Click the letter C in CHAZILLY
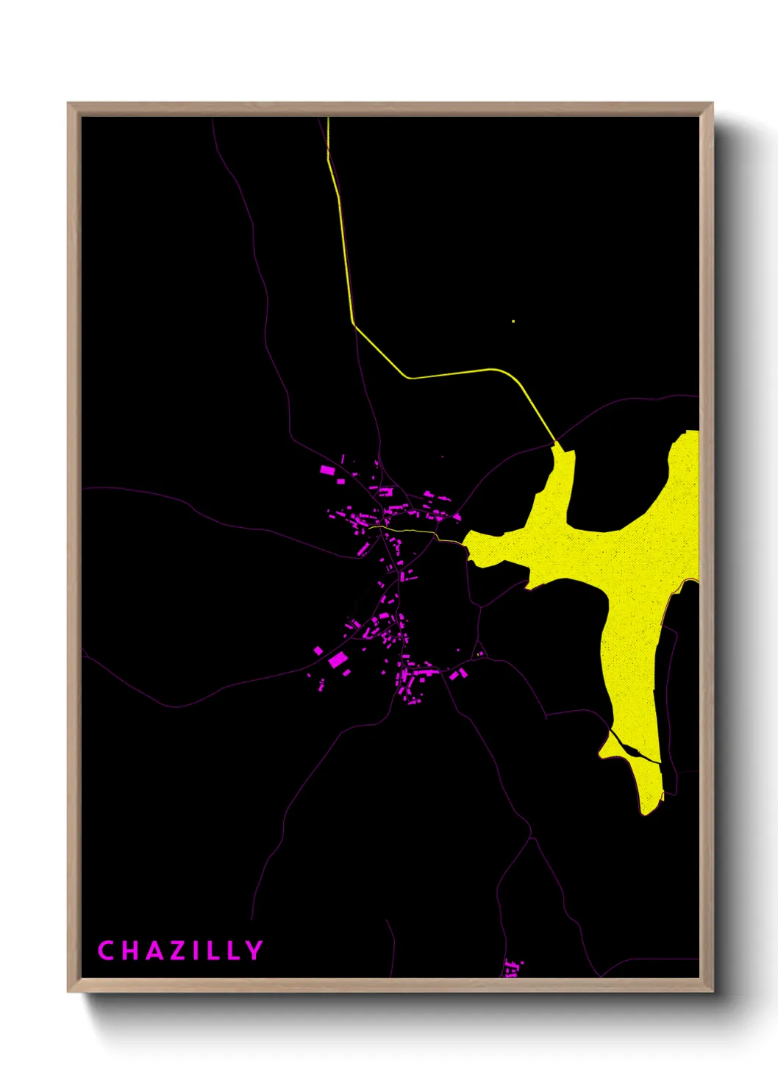pyautogui.click(x=106, y=951)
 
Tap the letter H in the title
pyautogui.click(x=129, y=951)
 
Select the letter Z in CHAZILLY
pyautogui.click(x=176, y=951)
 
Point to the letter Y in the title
pyautogui.click(x=254, y=951)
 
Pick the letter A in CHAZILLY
pyautogui.click(x=152, y=951)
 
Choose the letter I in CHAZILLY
pyautogui.click(x=196, y=951)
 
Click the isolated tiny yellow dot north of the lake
pyautogui.click(x=513, y=321)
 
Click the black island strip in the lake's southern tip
pyautogui.click(x=633, y=751)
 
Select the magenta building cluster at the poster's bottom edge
pyautogui.click(x=513, y=967)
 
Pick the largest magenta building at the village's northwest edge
pyautogui.click(x=327, y=469)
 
